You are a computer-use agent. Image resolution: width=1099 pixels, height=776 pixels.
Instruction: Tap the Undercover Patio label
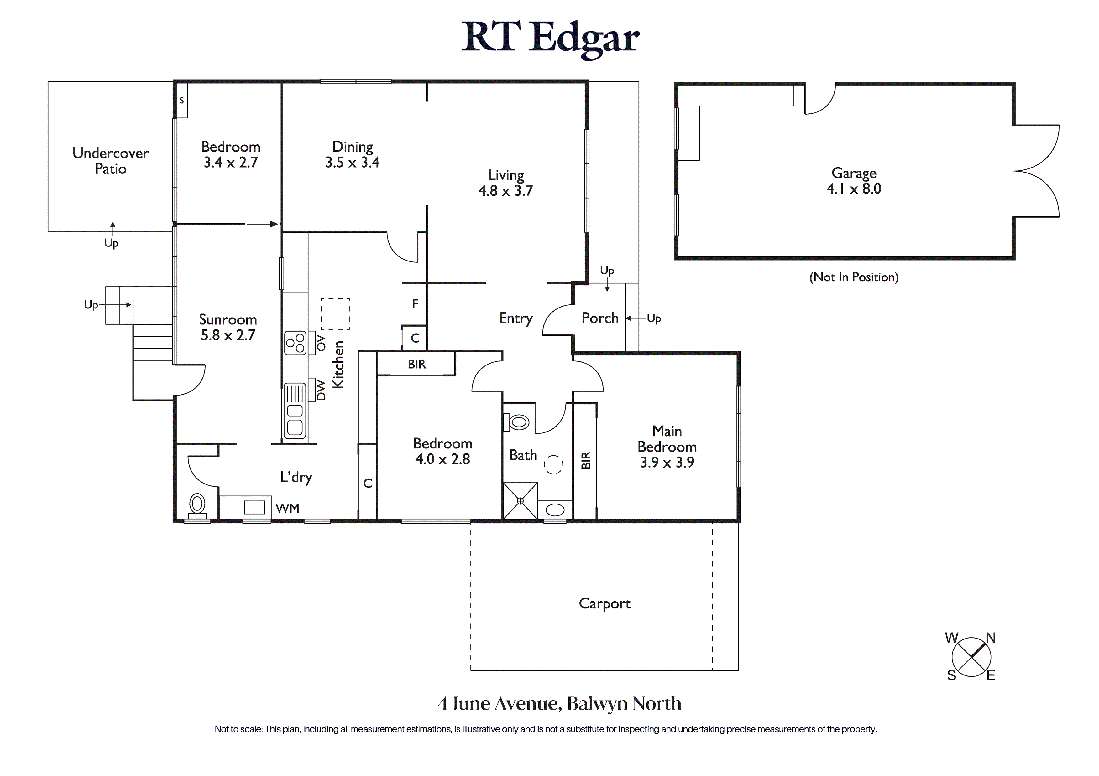tap(111, 161)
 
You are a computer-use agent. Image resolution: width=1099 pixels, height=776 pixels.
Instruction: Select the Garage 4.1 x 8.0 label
tap(854, 180)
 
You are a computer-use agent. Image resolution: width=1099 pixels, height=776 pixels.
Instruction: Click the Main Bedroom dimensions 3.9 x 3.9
tap(667, 462)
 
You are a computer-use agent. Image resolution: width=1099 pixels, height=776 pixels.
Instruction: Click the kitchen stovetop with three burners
tap(295, 343)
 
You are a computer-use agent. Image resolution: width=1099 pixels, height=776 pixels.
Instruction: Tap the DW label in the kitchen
tap(321, 390)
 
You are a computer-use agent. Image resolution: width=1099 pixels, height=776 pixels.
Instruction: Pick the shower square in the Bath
tap(520, 501)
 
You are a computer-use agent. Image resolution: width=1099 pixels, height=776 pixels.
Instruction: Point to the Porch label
tap(600, 318)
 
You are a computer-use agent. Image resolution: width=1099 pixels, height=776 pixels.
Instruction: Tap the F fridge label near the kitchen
tap(415, 303)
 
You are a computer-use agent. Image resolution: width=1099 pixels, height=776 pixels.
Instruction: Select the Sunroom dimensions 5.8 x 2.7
tap(228, 335)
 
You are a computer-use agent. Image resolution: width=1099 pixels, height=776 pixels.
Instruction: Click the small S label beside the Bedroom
tap(181, 101)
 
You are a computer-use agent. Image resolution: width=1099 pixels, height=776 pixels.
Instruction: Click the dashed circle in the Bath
tap(554, 464)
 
